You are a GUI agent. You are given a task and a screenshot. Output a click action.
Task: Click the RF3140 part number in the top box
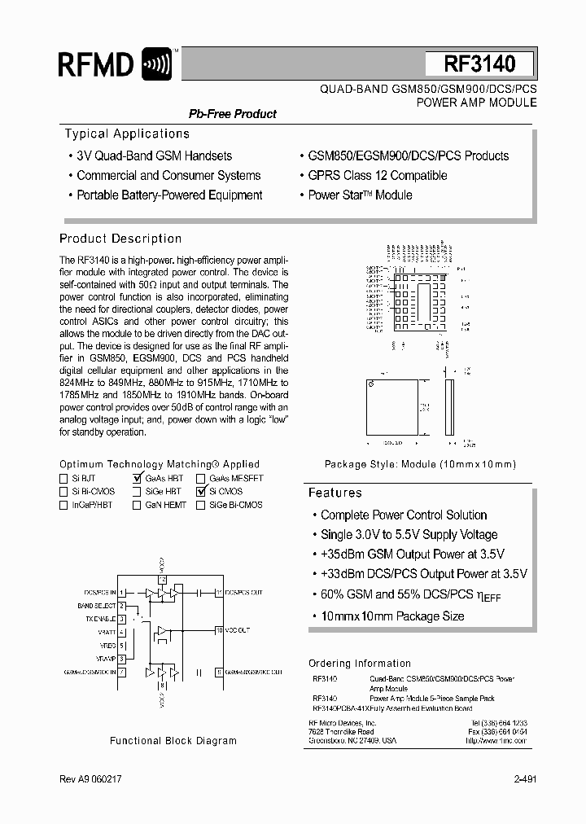tap(479, 64)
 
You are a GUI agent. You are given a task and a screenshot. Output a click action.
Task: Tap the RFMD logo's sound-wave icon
tap(156, 64)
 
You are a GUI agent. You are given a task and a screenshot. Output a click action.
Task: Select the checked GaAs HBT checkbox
tap(137, 479)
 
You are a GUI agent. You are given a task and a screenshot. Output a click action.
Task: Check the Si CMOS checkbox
tap(201, 492)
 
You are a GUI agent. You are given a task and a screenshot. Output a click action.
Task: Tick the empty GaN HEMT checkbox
tap(137, 505)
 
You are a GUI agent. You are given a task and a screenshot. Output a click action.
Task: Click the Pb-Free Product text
tap(233, 114)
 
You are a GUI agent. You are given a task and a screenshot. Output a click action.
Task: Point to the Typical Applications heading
tap(126, 134)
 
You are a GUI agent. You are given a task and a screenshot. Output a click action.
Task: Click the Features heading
tap(335, 493)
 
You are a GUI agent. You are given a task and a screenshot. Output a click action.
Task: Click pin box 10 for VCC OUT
tap(219, 630)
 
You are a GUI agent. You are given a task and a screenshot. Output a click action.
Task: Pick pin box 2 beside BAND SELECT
tap(121, 606)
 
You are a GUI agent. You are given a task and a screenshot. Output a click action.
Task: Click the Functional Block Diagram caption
tap(173, 741)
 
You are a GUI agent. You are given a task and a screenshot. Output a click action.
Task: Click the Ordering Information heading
tap(359, 664)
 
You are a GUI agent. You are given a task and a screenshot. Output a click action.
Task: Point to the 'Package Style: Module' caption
tap(420, 464)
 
